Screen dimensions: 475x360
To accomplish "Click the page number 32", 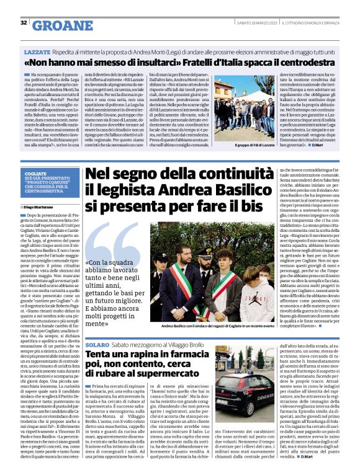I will click(x=23, y=22).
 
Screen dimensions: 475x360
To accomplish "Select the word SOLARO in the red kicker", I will click(x=97, y=344).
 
